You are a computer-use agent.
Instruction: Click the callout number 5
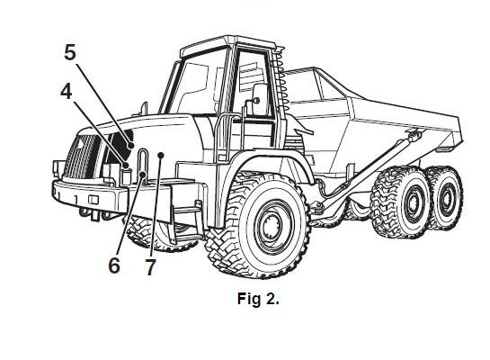(70, 52)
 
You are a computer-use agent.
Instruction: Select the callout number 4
(67, 92)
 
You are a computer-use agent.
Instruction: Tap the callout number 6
(114, 265)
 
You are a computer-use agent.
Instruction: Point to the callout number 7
(150, 267)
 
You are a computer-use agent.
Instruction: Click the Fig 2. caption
(258, 299)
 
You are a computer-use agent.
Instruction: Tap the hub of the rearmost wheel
(447, 198)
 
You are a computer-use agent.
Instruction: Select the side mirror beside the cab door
(260, 98)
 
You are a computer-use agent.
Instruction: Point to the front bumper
(91, 196)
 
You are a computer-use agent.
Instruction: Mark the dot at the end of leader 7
(161, 155)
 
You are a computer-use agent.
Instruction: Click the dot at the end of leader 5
(131, 146)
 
